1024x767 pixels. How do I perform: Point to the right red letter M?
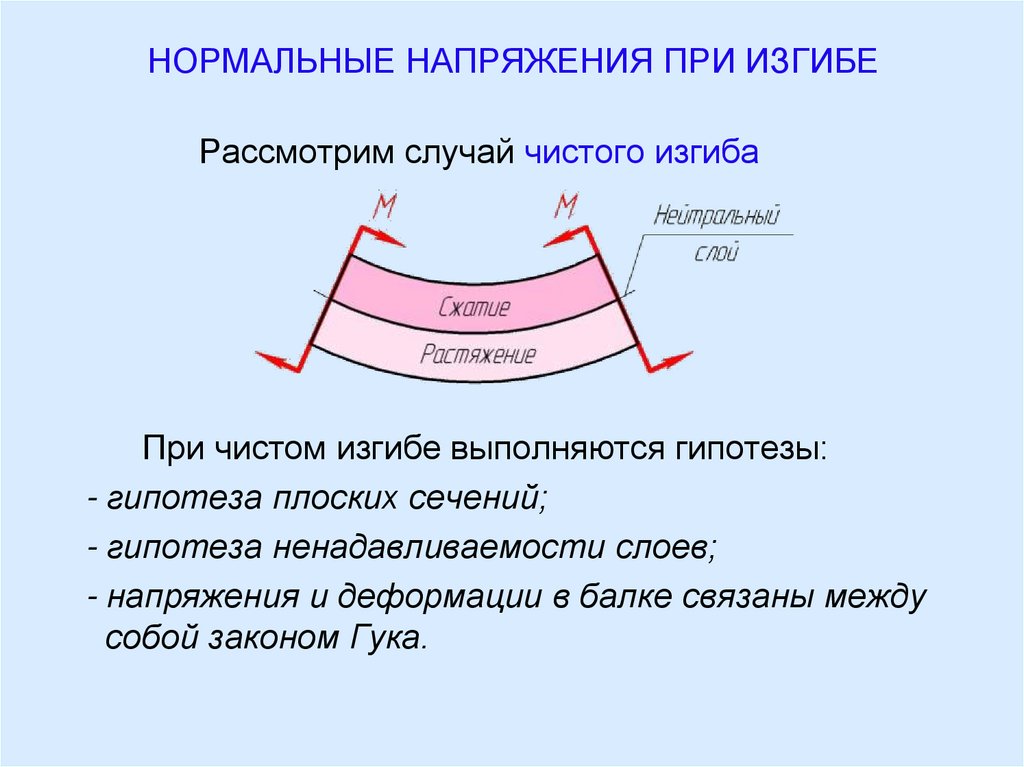pos(566,207)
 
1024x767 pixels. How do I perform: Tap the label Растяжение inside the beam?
pos(478,354)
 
